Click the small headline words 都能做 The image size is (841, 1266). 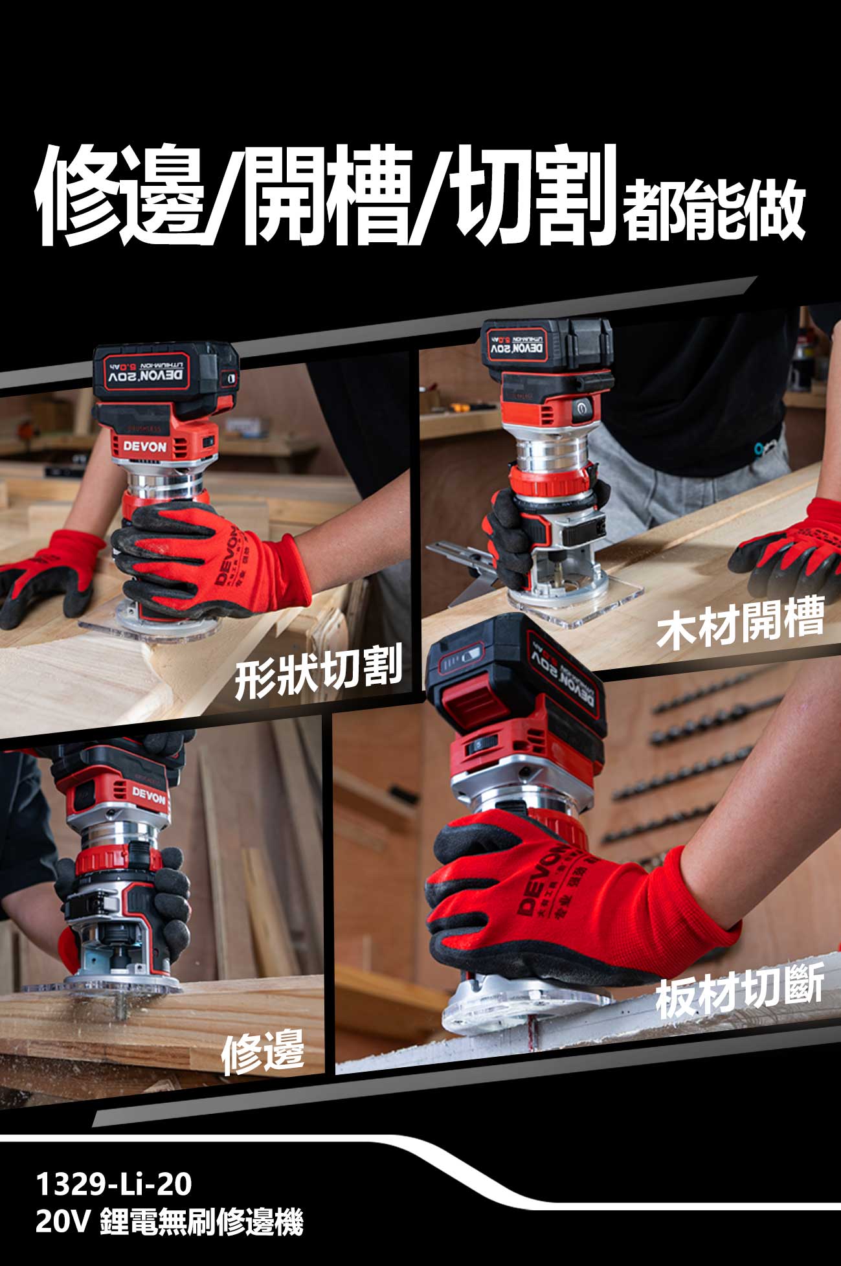[713, 206]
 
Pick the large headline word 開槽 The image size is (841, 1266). [328, 194]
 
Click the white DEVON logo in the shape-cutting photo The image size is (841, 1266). [145, 446]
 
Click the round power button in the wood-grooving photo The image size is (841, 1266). [580, 407]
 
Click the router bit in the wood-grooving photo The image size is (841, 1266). [555, 571]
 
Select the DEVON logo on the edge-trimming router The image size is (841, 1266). [149, 795]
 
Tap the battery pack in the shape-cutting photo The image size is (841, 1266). [165, 374]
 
